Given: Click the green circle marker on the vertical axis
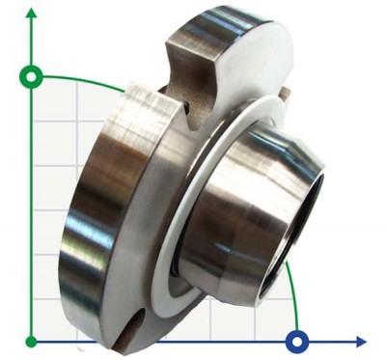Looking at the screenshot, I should pos(32,76).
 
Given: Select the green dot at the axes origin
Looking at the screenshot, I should pos(32,341).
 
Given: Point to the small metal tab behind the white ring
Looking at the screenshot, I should pos(284,93).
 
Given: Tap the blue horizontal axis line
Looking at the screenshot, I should pos(193,341).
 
